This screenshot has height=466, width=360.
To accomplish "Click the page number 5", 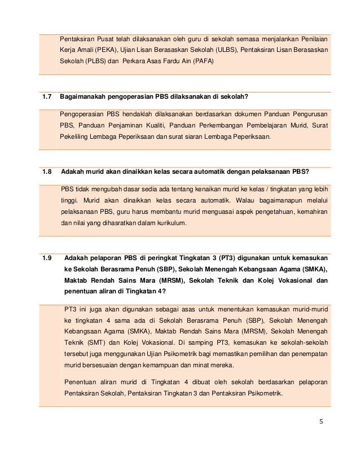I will [x=321, y=421].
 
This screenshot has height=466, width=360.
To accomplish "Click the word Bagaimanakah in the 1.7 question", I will [x=85, y=98].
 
